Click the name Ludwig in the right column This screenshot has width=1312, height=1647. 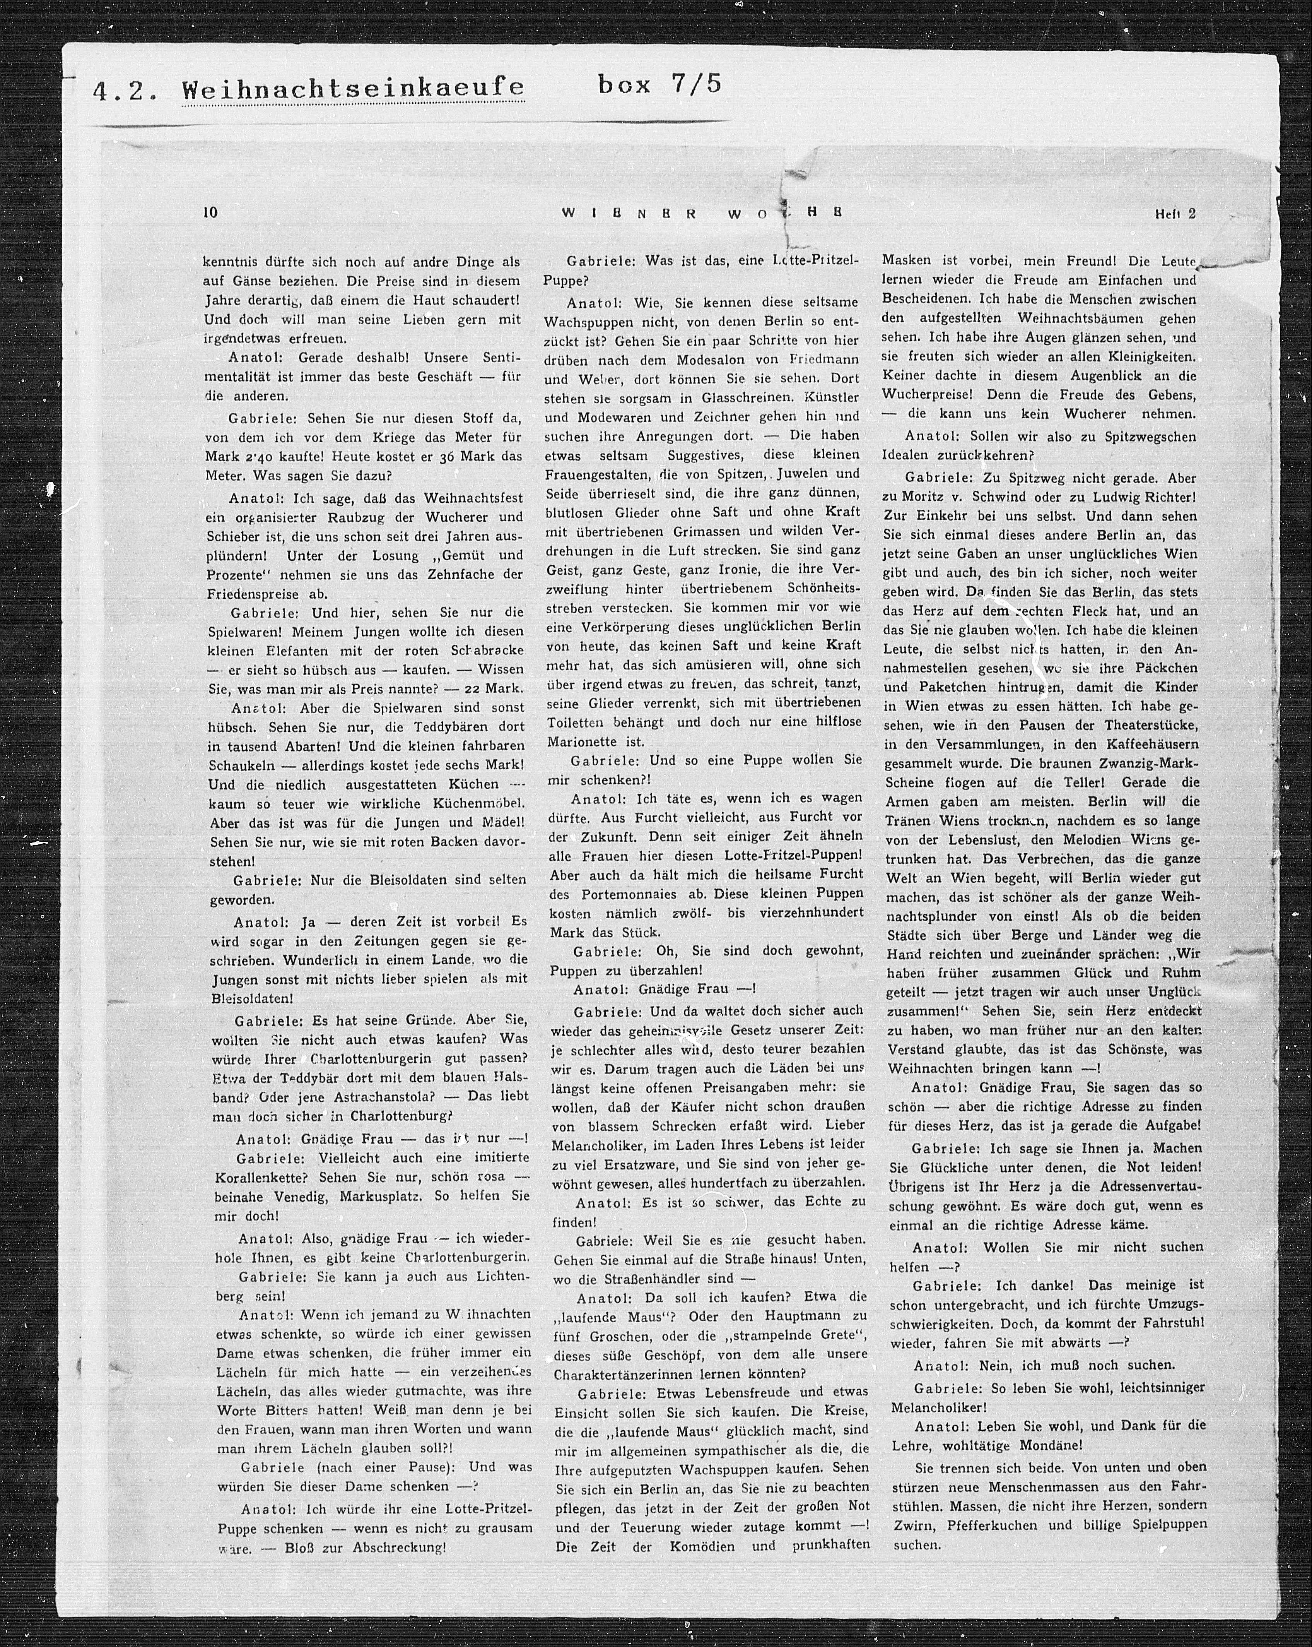1100,496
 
